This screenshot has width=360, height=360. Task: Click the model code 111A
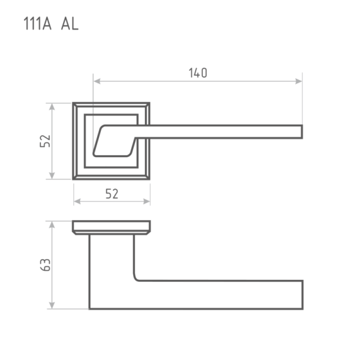click(x=37, y=24)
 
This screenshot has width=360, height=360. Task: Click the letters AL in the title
click(x=70, y=24)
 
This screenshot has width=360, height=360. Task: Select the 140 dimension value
click(x=198, y=73)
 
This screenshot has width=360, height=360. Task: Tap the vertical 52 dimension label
click(x=45, y=141)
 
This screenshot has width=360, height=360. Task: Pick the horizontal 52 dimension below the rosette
click(x=112, y=194)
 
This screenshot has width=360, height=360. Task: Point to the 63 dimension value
click(x=45, y=265)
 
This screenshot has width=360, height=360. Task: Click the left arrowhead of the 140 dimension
click(x=97, y=81)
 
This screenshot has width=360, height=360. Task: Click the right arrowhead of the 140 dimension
click(x=298, y=81)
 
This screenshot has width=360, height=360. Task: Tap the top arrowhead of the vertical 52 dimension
click(x=52, y=107)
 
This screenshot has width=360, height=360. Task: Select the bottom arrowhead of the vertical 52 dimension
click(x=52, y=175)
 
